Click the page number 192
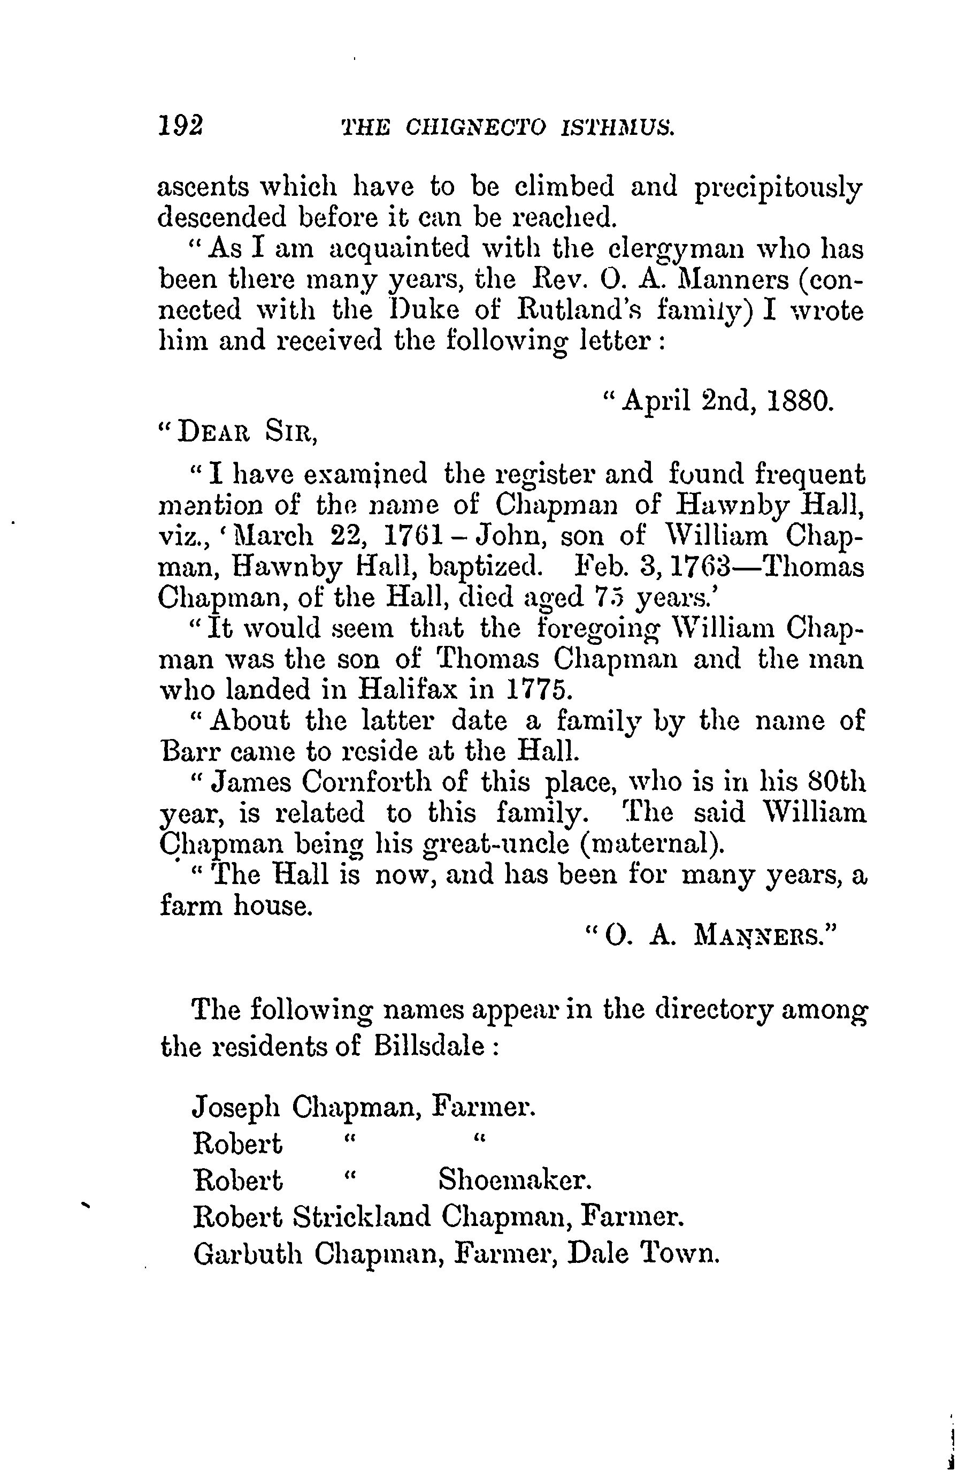click(x=180, y=127)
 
